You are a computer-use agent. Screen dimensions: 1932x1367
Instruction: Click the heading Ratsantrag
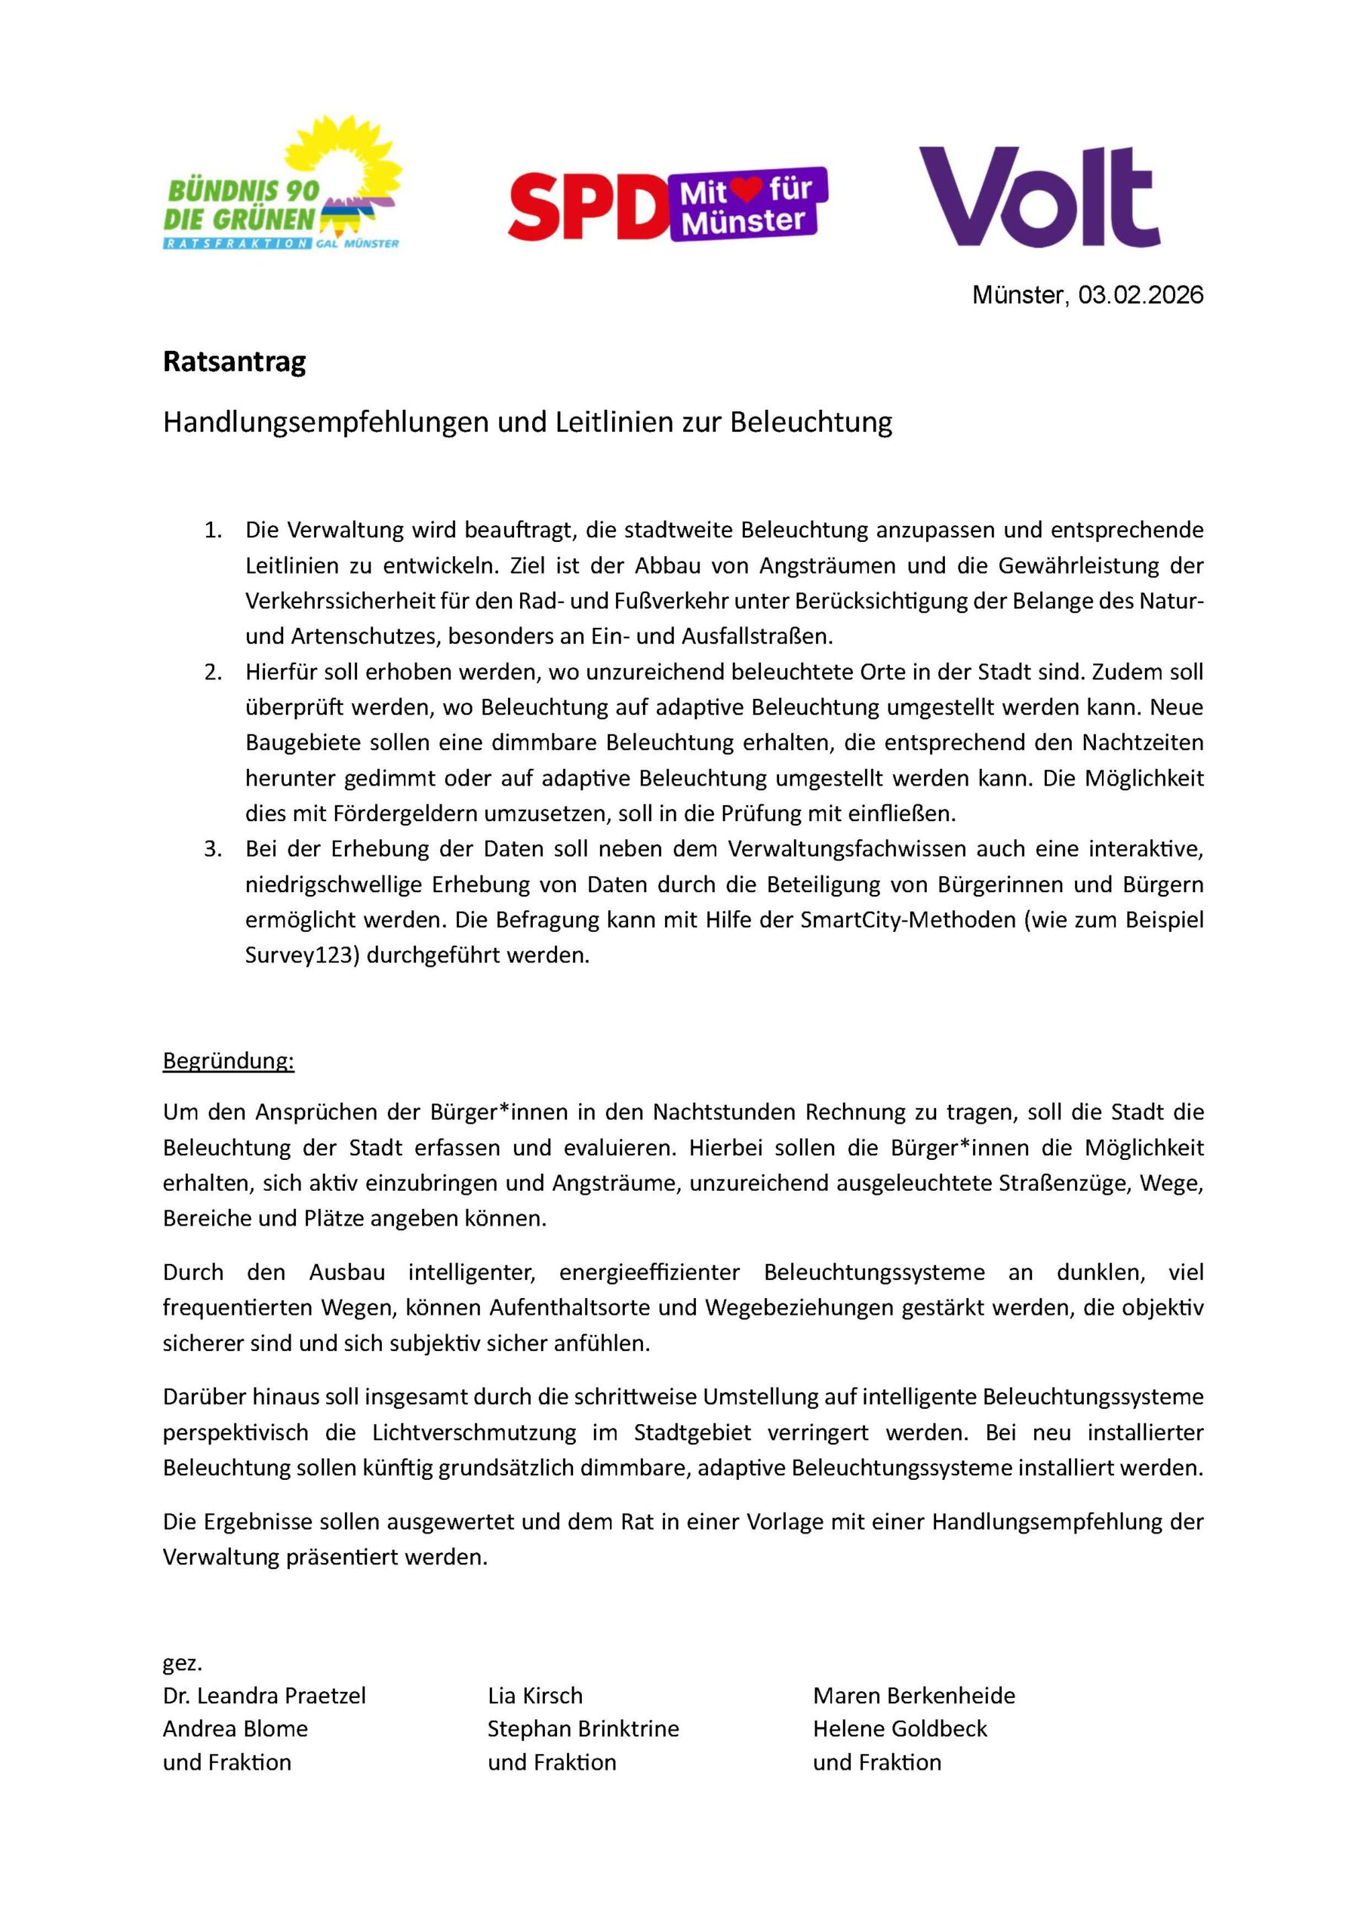click(x=234, y=361)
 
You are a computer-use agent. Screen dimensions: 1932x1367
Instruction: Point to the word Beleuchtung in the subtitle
click(x=811, y=422)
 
